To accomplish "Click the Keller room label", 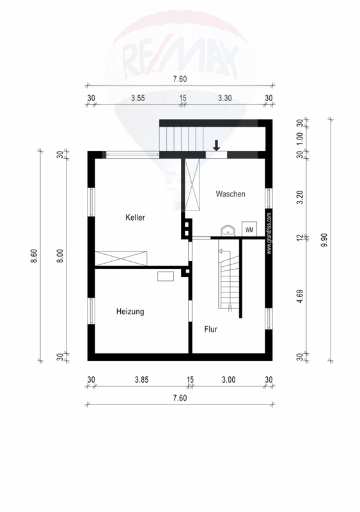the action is pyautogui.click(x=135, y=218).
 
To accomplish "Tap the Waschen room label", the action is pyautogui.click(x=230, y=194).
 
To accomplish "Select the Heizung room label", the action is pyautogui.click(x=130, y=312).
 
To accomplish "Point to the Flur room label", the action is pyautogui.click(x=211, y=329).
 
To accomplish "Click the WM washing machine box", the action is pyautogui.click(x=249, y=229).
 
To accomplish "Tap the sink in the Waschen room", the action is pyautogui.click(x=228, y=230).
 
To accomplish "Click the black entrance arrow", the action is pyautogui.click(x=216, y=145).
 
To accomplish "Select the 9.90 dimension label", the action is pyautogui.click(x=324, y=240).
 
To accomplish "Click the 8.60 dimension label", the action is pyautogui.click(x=35, y=255).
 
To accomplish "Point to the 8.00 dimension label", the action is pyautogui.click(x=60, y=255).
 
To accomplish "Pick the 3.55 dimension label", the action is pyautogui.click(x=137, y=98).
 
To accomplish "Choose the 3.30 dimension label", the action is pyautogui.click(x=225, y=98).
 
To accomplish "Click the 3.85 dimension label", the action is pyautogui.click(x=142, y=380).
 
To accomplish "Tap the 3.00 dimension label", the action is pyautogui.click(x=228, y=380).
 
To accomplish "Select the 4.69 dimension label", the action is pyautogui.click(x=301, y=296).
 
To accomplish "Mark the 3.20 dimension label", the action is pyautogui.click(x=301, y=197).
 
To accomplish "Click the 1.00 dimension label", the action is pyautogui.click(x=301, y=138).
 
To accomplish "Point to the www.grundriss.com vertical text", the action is pyautogui.click(x=269, y=234).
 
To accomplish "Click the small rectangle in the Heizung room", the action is pyautogui.click(x=166, y=276).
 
